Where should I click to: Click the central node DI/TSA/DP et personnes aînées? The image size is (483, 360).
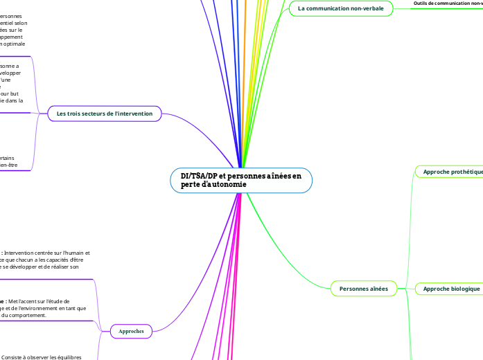tap(241, 181)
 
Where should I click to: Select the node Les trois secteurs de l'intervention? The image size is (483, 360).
tap(105, 113)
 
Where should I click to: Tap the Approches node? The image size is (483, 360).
tap(131, 332)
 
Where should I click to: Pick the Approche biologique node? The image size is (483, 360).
tap(451, 289)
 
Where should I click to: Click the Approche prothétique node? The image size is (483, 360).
tap(451, 171)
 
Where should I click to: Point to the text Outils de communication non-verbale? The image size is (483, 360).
tap(447, 3)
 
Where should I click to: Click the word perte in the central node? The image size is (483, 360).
tap(192, 186)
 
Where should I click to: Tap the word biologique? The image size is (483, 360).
tap(464, 289)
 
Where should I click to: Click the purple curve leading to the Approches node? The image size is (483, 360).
tap(208, 291)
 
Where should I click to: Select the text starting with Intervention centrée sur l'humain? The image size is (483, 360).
tap(49, 253)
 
